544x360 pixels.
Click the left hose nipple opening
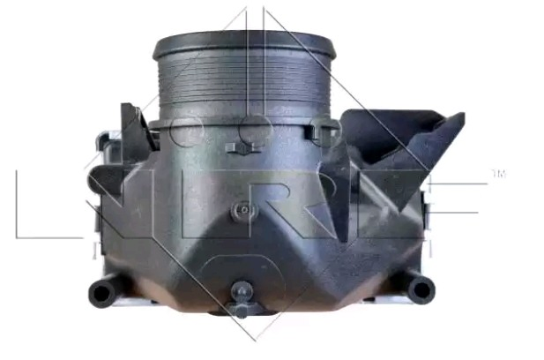click(101, 293)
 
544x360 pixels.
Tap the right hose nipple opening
click(421, 289)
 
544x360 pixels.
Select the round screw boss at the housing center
click(244, 210)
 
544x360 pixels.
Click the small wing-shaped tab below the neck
click(243, 148)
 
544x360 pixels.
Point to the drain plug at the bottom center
click(242, 299)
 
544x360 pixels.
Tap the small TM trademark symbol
click(499, 174)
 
